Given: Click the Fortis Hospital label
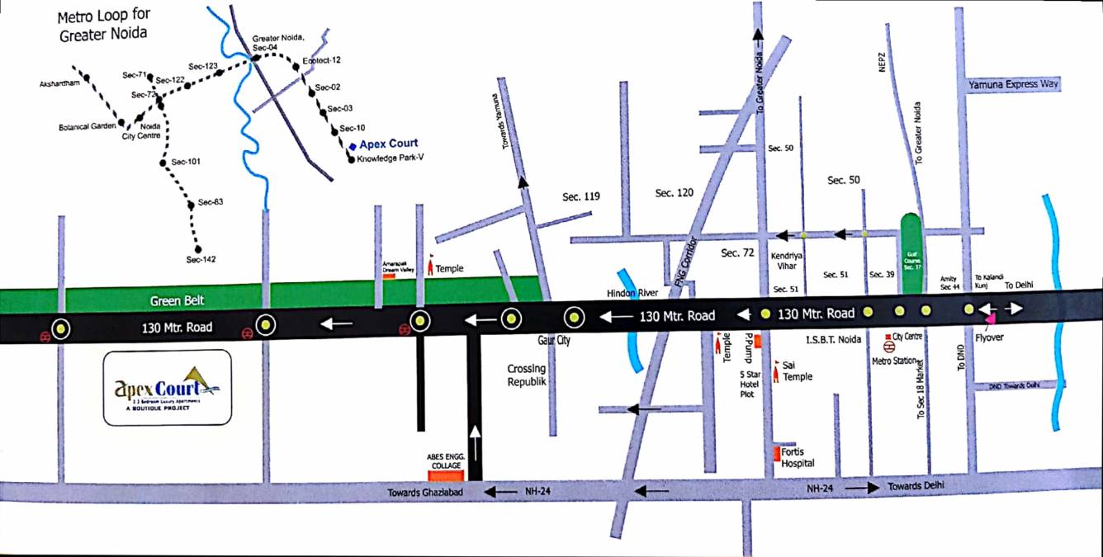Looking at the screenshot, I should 798,457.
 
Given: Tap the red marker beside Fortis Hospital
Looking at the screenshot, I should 777,452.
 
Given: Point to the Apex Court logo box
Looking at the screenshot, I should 168,387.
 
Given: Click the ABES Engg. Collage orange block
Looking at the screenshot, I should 447,474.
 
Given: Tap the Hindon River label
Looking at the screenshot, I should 630,293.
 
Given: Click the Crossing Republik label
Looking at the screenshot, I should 528,375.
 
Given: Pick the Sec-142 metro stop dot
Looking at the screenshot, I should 197,248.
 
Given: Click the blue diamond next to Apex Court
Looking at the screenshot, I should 352,145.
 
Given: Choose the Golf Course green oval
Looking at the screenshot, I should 911,253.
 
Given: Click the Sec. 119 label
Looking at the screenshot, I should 581,196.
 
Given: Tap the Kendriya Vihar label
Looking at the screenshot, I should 787,261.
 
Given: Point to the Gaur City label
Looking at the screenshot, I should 552,340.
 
